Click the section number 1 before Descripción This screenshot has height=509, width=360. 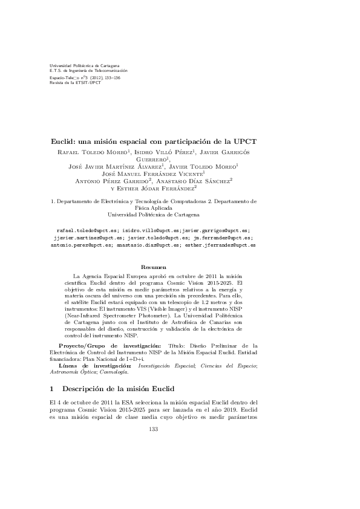pyautogui.click(x=53, y=387)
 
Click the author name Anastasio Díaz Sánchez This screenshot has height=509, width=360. pyautogui.click(x=198, y=180)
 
